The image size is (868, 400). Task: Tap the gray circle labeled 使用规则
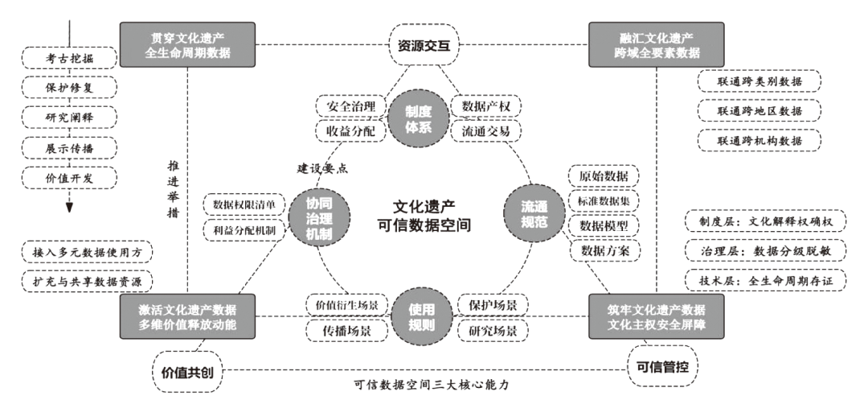point(421,316)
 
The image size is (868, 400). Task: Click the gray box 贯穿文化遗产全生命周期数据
point(187,44)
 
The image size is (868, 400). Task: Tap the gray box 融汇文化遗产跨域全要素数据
point(655,44)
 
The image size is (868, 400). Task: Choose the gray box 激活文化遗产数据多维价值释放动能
point(187,315)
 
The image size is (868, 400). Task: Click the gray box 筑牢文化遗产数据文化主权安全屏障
point(655,315)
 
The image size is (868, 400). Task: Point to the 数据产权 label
point(486,106)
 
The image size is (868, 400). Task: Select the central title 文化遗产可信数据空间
point(423,215)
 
